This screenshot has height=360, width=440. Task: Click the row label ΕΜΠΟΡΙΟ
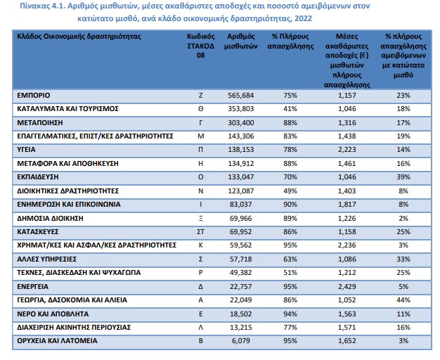click(x=34, y=95)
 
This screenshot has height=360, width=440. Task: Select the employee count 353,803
click(x=241, y=109)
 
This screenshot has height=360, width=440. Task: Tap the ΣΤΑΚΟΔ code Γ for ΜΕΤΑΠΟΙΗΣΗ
click(x=200, y=123)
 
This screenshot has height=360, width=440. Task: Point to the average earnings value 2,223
click(x=347, y=149)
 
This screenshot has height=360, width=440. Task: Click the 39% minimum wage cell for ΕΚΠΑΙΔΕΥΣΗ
click(x=403, y=177)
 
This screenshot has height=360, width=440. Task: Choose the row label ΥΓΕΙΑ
click(x=26, y=149)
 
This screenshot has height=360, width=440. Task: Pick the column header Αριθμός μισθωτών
click(x=241, y=41)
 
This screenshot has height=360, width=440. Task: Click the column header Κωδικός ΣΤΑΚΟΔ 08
click(x=200, y=46)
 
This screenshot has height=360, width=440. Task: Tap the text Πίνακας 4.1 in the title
click(x=42, y=6)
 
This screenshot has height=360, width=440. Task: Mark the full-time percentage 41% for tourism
click(x=290, y=109)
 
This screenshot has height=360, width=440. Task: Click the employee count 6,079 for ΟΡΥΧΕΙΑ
click(x=242, y=340)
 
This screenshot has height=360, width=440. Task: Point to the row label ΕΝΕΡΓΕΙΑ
click(x=32, y=286)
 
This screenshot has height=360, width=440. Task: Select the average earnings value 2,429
click(x=347, y=286)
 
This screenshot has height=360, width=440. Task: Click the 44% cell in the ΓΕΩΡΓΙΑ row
click(x=403, y=300)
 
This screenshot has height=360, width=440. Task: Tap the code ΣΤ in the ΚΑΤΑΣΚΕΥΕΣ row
click(x=200, y=231)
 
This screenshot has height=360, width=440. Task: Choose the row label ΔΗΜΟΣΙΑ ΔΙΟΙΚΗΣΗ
click(x=50, y=218)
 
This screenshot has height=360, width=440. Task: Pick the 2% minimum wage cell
click(x=403, y=218)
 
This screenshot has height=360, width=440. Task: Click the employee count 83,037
click(x=241, y=204)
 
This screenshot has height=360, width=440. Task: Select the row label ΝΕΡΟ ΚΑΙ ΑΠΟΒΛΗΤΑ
click(x=53, y=314)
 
